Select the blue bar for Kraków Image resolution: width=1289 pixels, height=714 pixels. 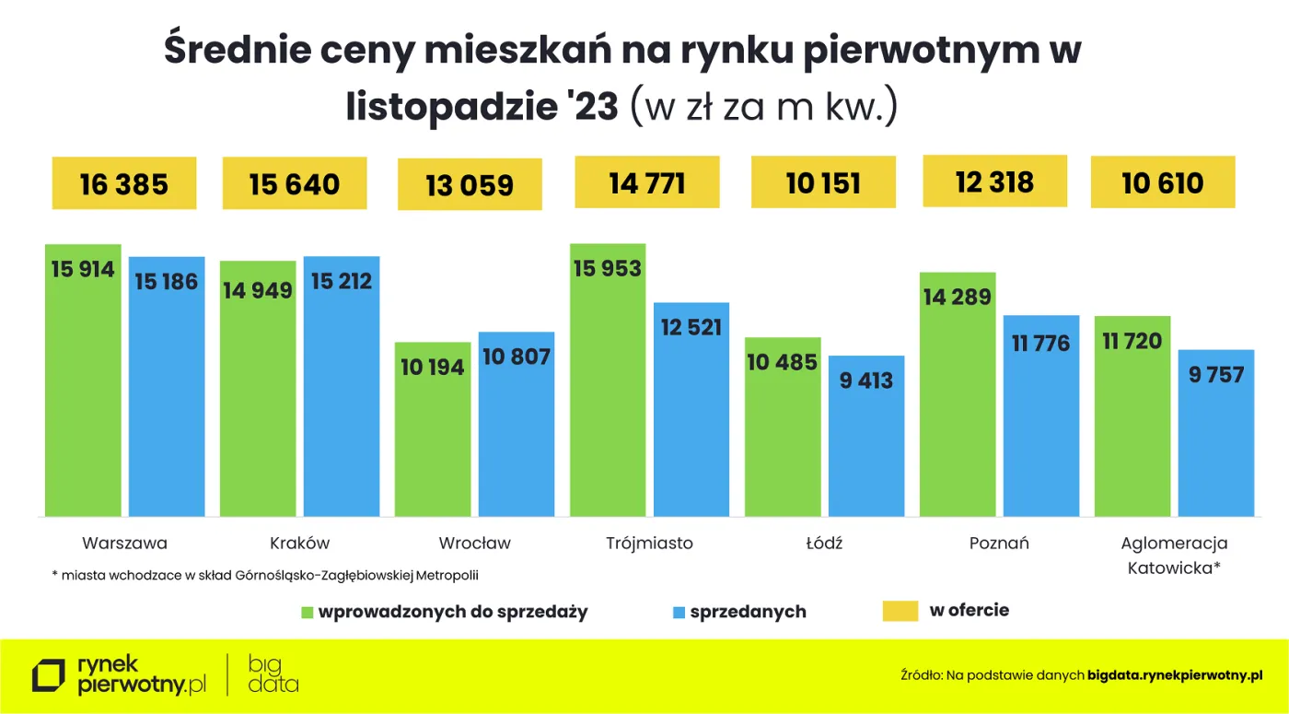(x=342, y=386)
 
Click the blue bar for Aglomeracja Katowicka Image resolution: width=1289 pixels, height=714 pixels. (x=1216, y=433)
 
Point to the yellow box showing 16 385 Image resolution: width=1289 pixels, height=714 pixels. (x=124, y=184)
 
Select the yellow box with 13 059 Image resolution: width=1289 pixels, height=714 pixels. (x=470, y=185)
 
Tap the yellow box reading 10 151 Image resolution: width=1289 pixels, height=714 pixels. (x=823, y=182)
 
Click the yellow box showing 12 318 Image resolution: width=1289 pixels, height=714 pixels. (x=994, y=181)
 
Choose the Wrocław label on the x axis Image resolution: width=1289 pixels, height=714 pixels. (x=474, y=543)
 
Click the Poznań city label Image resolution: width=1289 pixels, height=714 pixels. (x=999, y=543)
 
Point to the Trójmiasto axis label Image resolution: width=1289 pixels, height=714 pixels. (x=649, y=543)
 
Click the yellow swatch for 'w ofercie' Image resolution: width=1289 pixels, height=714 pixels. (x=900, y=611)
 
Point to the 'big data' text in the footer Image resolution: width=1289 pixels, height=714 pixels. (x=273, y=673)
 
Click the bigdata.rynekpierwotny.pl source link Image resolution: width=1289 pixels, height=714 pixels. (x=1174, y=675)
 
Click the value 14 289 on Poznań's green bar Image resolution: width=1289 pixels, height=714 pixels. (x=958, y=297)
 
